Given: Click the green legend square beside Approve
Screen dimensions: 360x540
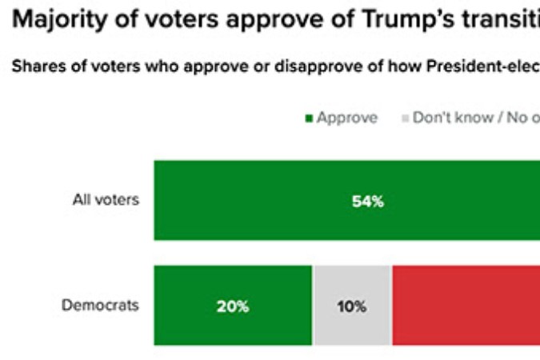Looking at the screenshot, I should click(309, 118).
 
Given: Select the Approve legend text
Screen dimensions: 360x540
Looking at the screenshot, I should click(346, 118).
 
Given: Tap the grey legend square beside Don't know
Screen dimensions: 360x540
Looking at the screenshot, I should click(405, 118).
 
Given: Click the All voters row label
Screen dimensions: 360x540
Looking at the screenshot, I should click(106, 200).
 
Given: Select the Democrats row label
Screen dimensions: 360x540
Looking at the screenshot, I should click(101, 305).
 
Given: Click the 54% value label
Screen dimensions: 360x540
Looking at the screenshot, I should click(368, 202).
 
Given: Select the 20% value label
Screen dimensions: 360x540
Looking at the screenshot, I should click(233, 306).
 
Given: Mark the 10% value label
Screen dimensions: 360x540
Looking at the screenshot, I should click(351, 306).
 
